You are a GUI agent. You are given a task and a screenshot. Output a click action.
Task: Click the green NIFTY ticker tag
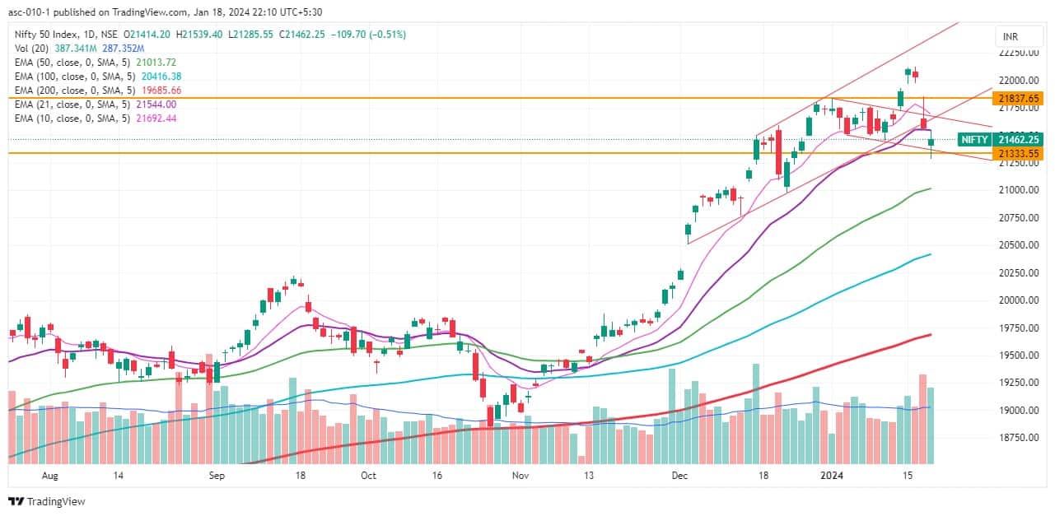click(974, 139)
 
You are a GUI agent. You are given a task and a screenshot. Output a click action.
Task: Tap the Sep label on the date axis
click(217, 476)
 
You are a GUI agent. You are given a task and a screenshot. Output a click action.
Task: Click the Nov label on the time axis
click(520, 476)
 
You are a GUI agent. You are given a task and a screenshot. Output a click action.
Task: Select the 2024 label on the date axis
click(833, 476)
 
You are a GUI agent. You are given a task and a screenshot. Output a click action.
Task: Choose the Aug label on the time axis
click(49, 476)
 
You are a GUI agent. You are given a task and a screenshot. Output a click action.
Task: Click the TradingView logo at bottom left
click(47, 501)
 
